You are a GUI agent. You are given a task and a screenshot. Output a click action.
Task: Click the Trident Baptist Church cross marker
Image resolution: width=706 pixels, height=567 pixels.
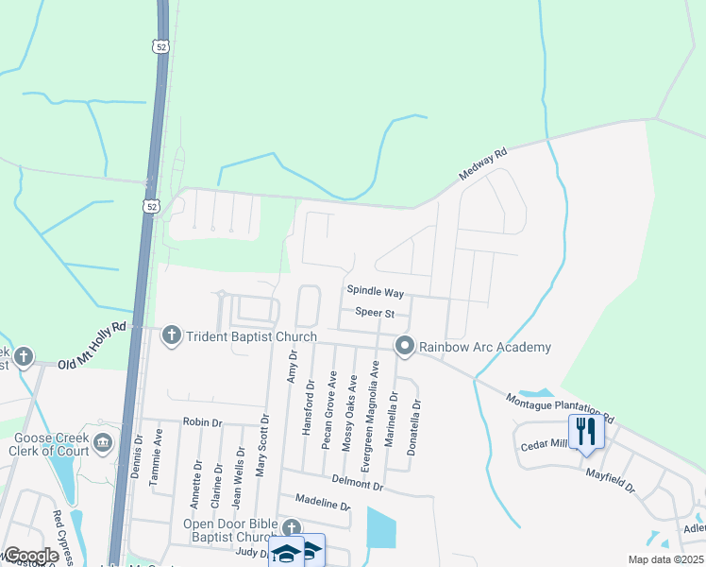click(172, 335)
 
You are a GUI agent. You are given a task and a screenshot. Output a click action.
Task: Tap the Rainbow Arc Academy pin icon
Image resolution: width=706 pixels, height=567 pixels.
click(405, 347)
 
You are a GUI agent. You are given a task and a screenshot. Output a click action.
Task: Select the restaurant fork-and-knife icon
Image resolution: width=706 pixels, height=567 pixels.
click(586, 430)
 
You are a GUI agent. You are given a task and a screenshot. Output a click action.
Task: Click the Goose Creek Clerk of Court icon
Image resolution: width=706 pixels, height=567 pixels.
click(103, 440)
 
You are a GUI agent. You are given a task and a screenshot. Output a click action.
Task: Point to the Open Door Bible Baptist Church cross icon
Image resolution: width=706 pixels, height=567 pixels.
click(292, 528)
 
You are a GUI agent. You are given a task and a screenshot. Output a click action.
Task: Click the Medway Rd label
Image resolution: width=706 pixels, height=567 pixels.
click(483, 163)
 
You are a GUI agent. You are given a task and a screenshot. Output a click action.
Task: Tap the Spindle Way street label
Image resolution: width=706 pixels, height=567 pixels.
click(375, 293)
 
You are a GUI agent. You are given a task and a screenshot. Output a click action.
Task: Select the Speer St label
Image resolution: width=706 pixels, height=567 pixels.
click(374, 312)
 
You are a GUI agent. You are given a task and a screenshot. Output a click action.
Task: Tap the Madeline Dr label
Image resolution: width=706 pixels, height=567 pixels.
click(323, 504)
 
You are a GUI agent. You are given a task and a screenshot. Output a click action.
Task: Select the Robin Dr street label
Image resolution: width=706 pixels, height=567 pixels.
click(202, 422)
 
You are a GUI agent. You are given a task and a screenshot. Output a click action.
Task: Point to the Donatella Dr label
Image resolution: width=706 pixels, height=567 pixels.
click(414, 428)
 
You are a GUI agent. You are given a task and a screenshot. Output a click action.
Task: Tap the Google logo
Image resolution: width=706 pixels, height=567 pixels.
click(31, 555)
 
